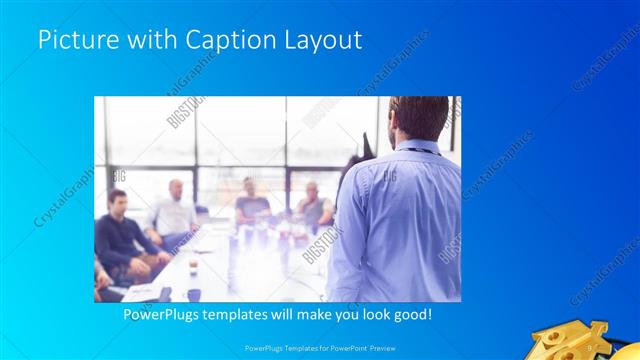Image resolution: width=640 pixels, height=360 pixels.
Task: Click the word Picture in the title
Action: coord(72,40)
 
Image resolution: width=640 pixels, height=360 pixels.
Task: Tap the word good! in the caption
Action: coord(409,315)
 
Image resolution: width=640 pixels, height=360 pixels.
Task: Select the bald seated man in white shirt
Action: coord(173,211)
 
